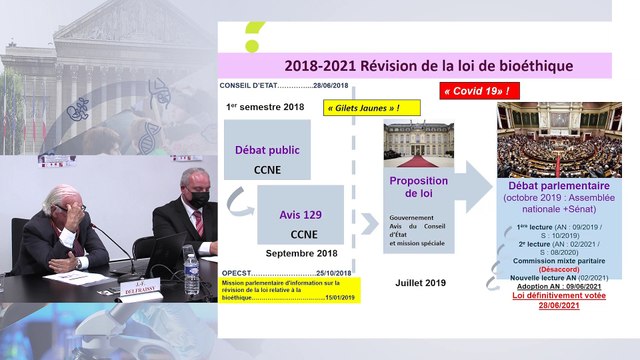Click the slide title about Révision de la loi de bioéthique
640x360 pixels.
pyautogui.click(x=428, y=65)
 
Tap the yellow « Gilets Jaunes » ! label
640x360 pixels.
pyautogui.click(x=364, y=107)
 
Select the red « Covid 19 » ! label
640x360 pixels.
pyautogui.click(x=481, y=91)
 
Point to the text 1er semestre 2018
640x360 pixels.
pyautogui.click(x=265, y=106)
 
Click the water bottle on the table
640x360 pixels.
pyautogui.click(x=191, y=270)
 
